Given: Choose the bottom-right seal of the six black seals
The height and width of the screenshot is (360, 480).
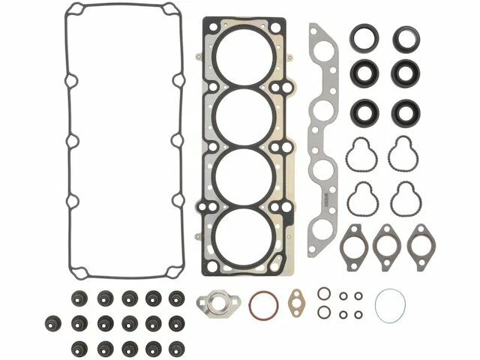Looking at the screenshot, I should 404,112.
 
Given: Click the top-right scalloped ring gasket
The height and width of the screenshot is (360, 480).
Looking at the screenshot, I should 403,154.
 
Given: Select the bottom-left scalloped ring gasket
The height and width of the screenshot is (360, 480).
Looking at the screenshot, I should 361,198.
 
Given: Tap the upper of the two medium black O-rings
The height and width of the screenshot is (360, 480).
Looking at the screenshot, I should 323,293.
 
